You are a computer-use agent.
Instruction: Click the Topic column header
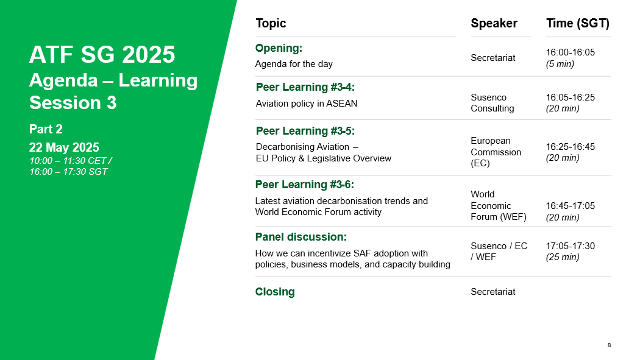coord(271,23)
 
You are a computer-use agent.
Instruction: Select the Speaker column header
coord(494,23)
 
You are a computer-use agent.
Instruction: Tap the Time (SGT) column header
coord(578,23)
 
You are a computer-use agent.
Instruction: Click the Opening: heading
coord(279,48)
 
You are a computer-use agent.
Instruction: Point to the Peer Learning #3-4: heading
coord(305,87)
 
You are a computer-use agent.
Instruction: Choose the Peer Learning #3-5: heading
coord(305,131)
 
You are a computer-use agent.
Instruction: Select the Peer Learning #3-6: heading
coord(305,185)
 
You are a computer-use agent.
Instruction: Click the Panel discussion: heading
coord(301,237)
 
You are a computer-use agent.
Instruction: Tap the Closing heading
coord(275,292)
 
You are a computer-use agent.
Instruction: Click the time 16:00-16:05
coord(570,52)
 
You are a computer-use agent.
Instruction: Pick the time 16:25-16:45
coord(570,147)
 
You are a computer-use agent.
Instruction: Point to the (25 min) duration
coord(563,257)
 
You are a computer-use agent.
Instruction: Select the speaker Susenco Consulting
coord(492,103)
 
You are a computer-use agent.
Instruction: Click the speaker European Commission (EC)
coord(496,152)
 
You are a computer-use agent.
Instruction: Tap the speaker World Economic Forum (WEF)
coord(499,205)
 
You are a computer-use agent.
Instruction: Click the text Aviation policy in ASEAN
coord(307,104)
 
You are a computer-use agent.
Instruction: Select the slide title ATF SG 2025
coord(102,55)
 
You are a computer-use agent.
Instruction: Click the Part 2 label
coord(46,129)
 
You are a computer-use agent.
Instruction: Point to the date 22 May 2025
coord(64,147)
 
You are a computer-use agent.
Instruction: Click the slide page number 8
coord(609,345)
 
